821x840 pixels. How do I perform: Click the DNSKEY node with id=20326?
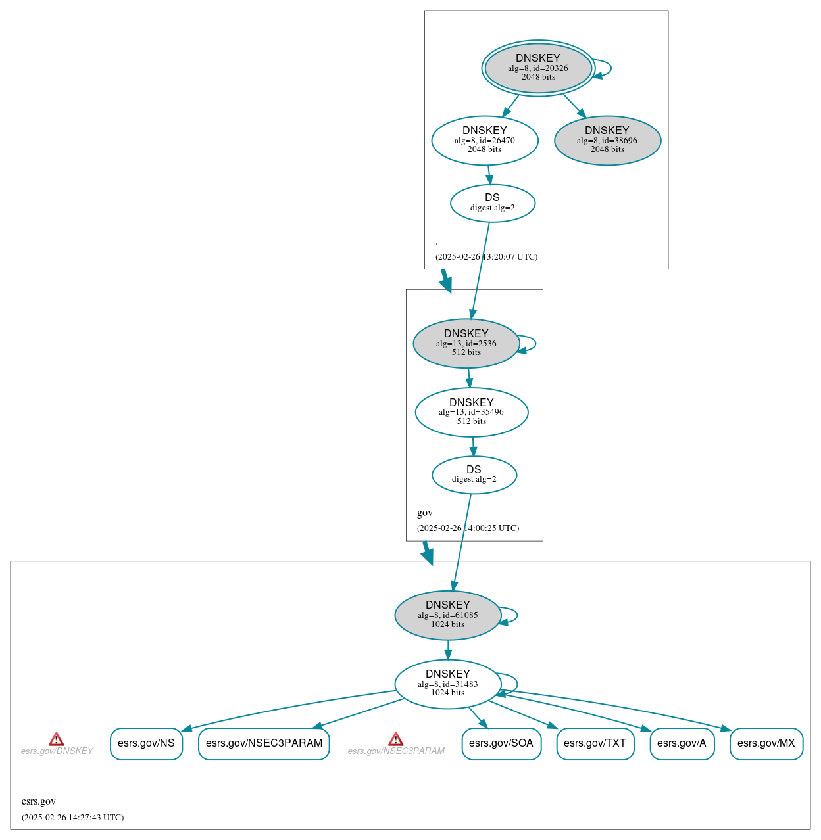538,68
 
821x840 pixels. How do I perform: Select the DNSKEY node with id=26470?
485,140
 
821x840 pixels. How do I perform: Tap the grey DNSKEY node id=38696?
607,140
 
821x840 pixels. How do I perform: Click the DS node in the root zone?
492,202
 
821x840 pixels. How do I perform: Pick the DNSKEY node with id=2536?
466,343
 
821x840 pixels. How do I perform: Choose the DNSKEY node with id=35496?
472,412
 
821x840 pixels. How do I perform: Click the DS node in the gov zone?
474,475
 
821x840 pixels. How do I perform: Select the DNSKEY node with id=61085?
448,615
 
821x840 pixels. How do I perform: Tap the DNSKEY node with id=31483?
448,684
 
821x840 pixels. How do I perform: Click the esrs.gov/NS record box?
146,743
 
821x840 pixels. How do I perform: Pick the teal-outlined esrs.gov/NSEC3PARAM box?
264,743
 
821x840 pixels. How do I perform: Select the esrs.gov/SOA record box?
501,743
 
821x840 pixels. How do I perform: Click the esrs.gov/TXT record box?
595,743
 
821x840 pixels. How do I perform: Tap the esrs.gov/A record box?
682,743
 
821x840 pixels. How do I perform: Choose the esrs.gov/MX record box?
766,743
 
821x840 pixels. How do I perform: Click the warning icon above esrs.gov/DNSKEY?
57,739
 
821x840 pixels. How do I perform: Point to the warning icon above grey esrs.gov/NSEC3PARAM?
395,739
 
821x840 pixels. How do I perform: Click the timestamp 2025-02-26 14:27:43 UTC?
72,818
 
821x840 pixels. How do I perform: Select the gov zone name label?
425,513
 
